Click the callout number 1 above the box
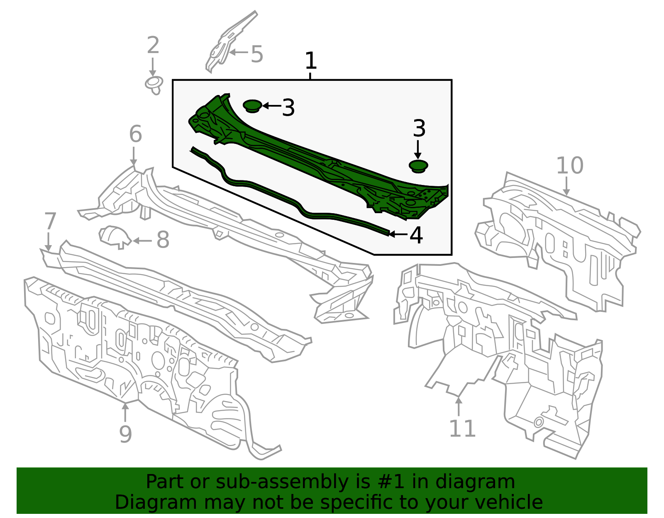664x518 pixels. (310, 61)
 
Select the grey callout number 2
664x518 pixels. (153, 46)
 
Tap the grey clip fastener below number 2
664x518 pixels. (154, 84)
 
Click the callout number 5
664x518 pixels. (257, 55)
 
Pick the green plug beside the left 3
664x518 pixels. (252, 105)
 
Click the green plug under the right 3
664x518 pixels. (418, 166)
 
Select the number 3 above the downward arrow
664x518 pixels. (419, 129)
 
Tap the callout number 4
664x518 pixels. (416, 235)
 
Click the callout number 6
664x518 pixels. (135, 134)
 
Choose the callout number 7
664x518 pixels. (50, 221)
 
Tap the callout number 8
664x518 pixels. (163, 240)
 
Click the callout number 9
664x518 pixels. (125, 434)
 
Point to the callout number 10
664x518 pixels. (569, 165)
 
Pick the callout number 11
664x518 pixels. (462, 429)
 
